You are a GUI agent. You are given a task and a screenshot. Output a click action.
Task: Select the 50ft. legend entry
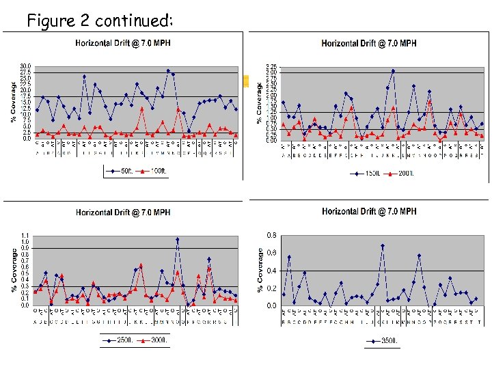[124, 169]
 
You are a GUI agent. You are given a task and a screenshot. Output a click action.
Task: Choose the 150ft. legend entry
[370, 174]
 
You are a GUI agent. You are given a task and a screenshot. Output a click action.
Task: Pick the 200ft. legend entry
[403, 174]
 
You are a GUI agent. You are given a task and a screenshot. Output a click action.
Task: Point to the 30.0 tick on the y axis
[26, 66]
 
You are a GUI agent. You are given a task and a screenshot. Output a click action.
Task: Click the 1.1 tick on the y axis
[25, 235]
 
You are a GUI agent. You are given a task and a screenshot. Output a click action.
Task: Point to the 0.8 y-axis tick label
[271, 236]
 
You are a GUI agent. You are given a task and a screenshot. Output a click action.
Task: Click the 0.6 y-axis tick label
[271, 254]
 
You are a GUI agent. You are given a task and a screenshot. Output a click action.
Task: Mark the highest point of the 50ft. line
[168, 70]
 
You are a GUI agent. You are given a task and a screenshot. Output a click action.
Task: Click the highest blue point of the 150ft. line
[393, 70]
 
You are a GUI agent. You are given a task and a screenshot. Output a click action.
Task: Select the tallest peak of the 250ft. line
[177, 239]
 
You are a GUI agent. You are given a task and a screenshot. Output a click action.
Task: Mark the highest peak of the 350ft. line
[383, 245]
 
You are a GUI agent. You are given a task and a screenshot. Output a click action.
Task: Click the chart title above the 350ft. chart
[369, 212]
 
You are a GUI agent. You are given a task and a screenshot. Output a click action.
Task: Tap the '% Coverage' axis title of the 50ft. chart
[13, 102]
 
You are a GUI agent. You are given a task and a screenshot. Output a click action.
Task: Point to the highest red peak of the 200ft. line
[429, 101]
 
